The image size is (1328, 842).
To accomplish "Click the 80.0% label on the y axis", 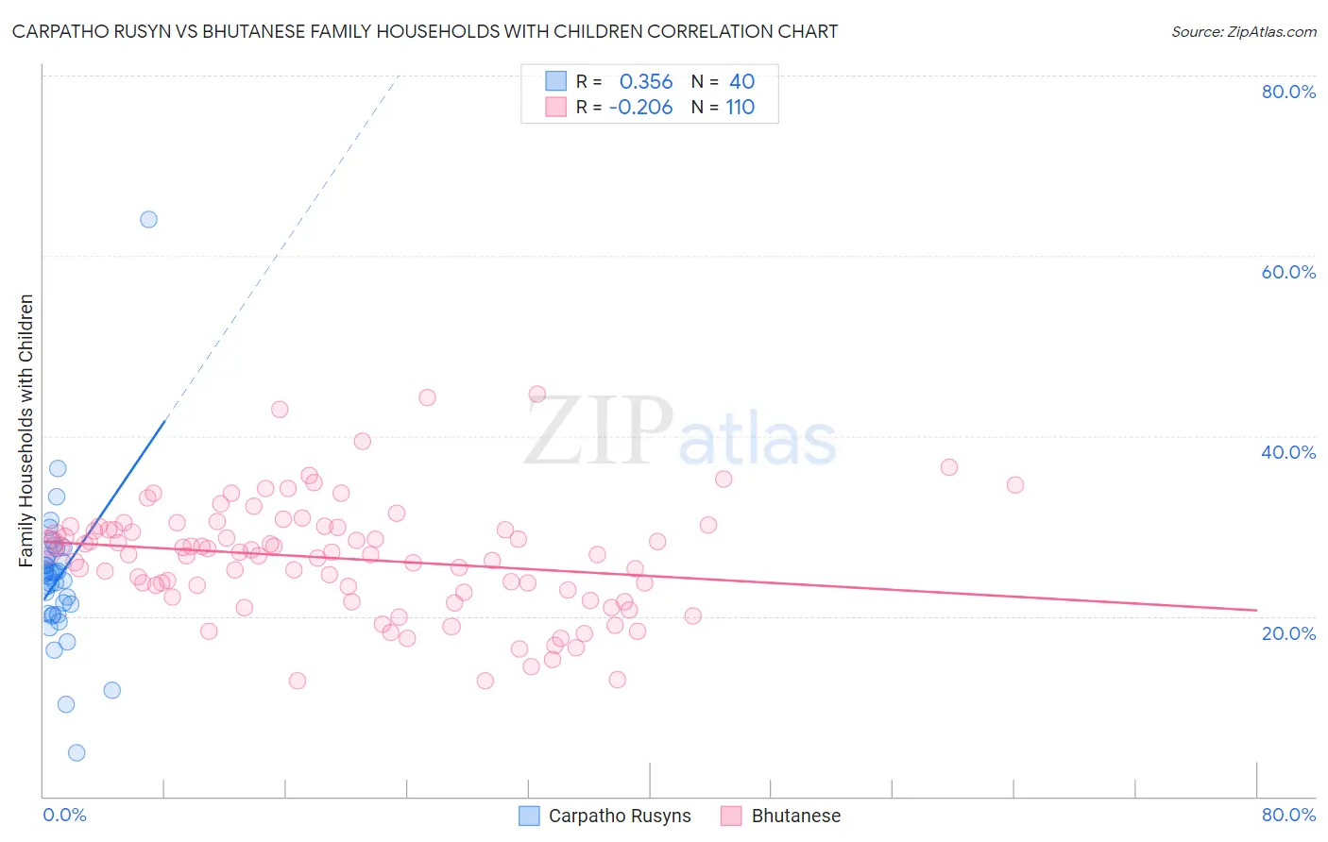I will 1288,92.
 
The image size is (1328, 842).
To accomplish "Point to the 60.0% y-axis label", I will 1288,272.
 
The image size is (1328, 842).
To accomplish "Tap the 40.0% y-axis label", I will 1288,452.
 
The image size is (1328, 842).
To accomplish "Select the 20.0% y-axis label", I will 1288,633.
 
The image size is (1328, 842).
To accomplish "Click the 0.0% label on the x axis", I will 64,815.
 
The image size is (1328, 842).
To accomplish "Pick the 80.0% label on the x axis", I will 1288,815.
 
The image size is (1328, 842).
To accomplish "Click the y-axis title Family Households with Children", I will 26,430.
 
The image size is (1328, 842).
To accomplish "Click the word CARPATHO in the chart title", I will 58,32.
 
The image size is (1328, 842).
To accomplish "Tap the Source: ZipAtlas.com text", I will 1243,32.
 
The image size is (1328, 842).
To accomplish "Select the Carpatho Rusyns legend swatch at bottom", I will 530,816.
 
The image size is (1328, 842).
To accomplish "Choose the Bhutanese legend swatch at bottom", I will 731,816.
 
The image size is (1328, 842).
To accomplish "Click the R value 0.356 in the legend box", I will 646,82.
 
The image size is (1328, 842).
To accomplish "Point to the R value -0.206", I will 640,108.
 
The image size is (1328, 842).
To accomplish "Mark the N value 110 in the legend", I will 740,108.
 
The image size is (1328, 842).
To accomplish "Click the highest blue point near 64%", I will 148,220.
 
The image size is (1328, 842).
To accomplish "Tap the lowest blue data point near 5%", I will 77,752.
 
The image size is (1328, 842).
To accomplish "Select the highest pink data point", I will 536,395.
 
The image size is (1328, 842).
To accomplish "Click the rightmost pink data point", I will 1014,485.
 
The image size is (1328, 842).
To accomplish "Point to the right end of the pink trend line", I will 1256,610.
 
